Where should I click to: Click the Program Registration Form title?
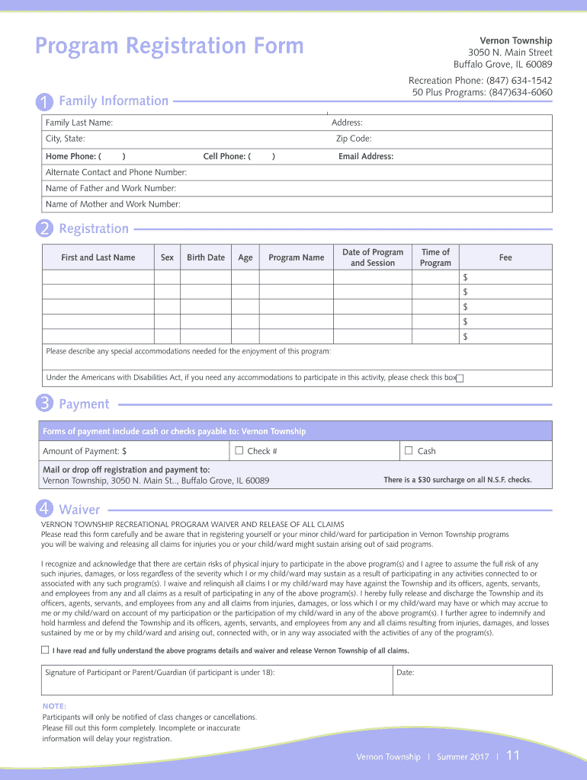tap(169, 46)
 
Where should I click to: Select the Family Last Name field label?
tap(79, 123)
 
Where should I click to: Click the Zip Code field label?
tap(354, 139)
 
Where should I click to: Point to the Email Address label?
tap(366, 156)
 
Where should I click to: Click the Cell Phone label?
tap(226, 156)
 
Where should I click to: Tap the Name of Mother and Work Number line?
tap(113, 204)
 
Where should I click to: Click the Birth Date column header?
tap(206, 257)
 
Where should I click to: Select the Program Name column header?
tap(296, 257)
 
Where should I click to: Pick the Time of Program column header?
tap(435, 257)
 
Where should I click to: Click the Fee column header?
tap(505, 257)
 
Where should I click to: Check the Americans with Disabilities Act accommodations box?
tap(460, 379)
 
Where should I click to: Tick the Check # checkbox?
tap(239, 450)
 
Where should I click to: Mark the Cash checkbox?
tap(409, 450)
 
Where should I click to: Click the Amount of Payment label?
tap(84, 451)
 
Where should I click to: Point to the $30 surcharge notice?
tap(457, 480)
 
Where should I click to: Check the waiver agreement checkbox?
tap(45, 650)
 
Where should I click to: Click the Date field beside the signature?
tap(473, 679)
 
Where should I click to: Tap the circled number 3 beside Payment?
tap(45, 404)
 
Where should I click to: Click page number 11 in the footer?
tap(512, 756)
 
